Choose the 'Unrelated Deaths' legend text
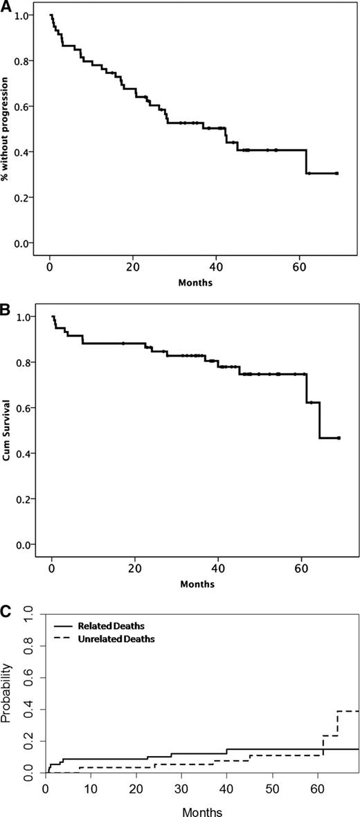tap(122, 639)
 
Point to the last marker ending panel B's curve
tap(339, 438)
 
